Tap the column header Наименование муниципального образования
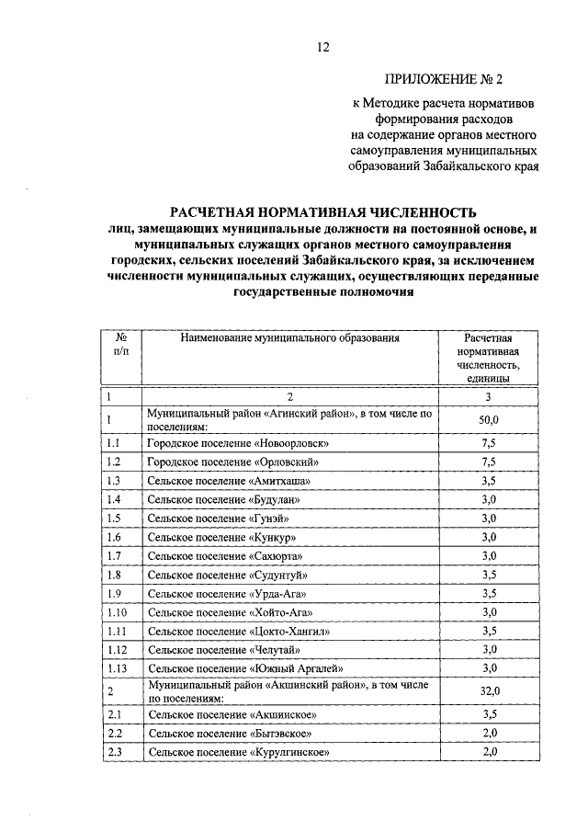coord(290,338)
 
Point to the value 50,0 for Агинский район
coord(489,420)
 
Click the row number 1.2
coord(114,462)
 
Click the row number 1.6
coord(114,537)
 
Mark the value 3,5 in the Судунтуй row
coord(489,575)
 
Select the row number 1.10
coord(117,612)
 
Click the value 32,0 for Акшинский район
coord(489,691)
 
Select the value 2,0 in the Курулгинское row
coord(489,752)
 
